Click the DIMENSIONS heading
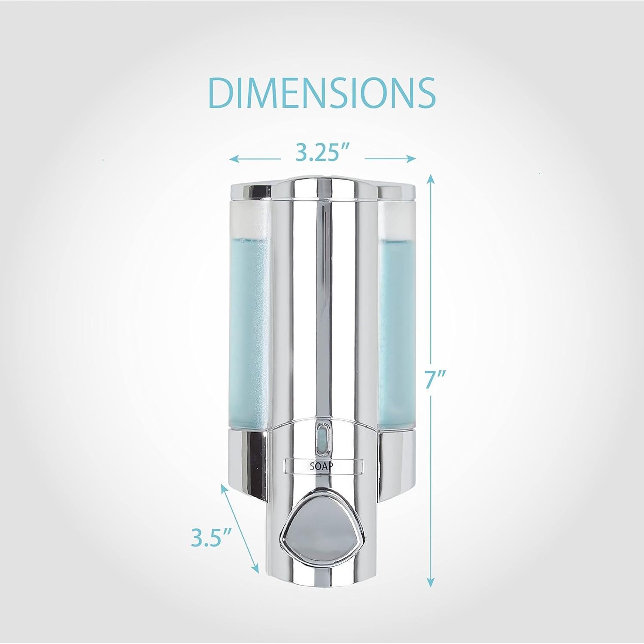(322, 93)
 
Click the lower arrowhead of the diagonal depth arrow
(256, 568)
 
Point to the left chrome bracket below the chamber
(246, 464)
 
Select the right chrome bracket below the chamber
(398, 464)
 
